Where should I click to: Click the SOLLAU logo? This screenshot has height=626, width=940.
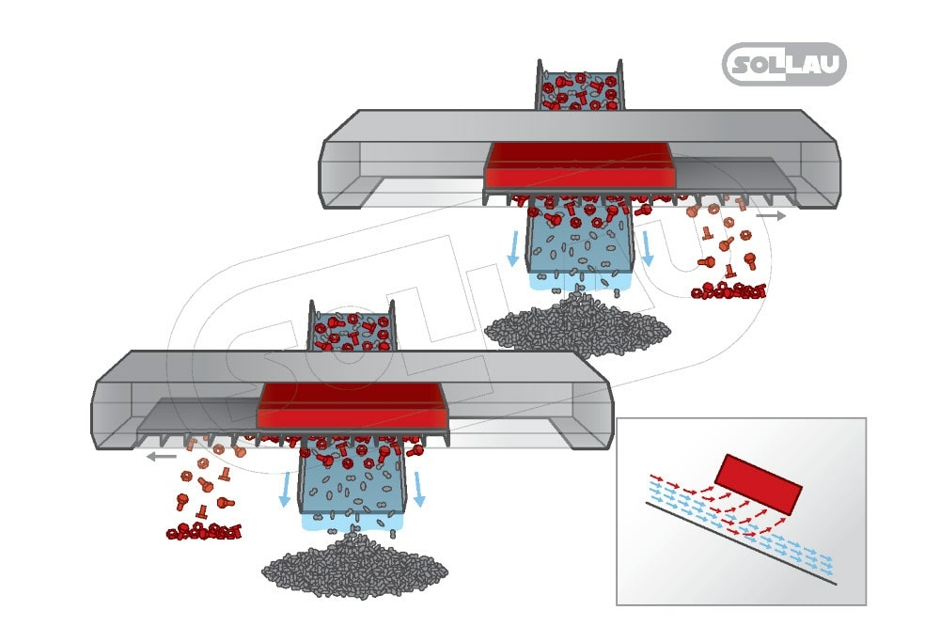coord(783,64)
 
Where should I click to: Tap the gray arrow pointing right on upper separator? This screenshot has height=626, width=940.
coord(773,215)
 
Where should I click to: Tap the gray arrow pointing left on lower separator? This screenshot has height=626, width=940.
coord(162,457)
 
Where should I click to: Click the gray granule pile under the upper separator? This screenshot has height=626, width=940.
coord(576,325)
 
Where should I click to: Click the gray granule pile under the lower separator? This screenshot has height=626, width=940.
coord(353,567)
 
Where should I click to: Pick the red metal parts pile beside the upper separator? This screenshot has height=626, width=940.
coord(728,290)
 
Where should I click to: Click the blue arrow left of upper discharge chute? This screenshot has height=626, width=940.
coord(511,247)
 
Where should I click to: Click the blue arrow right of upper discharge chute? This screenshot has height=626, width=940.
coord(649,246)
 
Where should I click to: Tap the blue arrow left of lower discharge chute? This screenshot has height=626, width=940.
coord(284,489)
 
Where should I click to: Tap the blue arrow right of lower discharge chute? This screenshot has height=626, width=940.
coord(419,489)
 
